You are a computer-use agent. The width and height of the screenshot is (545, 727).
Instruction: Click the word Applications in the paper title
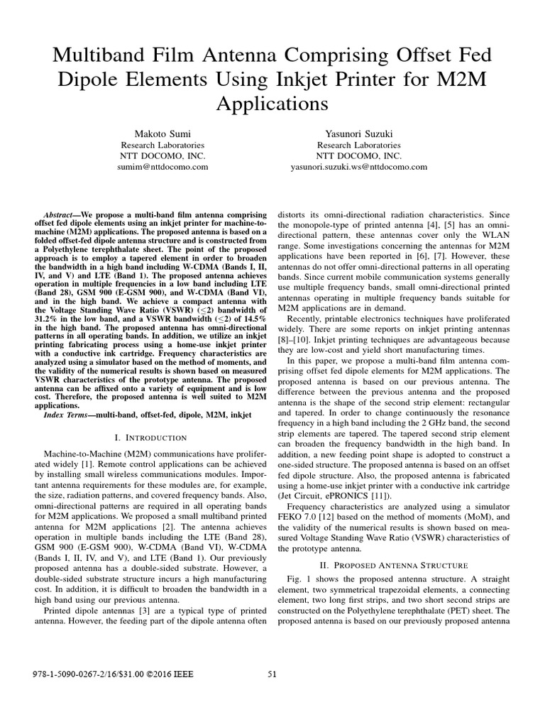point(272,104)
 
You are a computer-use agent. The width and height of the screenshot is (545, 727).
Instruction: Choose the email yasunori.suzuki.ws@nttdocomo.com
point(358,167)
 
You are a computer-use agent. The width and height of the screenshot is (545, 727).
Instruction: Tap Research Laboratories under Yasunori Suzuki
point(358,144)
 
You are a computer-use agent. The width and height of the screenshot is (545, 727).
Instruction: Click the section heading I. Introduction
point(150,437)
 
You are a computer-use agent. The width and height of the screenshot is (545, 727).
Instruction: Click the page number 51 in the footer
point(272,674)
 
